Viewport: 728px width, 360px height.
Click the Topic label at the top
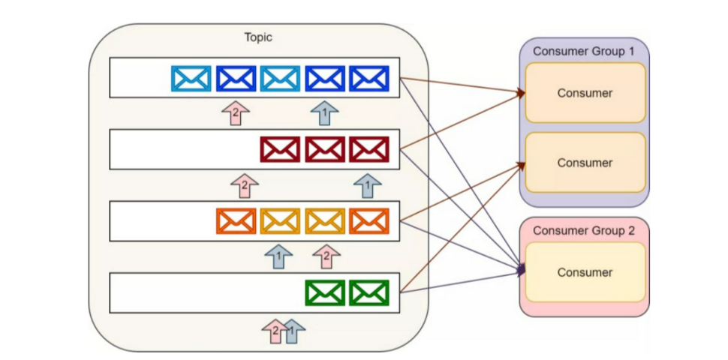258,37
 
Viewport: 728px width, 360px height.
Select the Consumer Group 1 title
584,51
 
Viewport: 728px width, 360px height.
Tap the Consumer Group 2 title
584,230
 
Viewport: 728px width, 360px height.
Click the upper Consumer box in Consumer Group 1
585,93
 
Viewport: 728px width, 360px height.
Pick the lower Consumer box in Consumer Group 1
585,163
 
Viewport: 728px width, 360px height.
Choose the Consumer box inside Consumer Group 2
585,272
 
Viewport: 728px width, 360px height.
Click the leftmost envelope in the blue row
191,79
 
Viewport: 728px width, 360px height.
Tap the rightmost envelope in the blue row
369,79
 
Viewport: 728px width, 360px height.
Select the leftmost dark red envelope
280,149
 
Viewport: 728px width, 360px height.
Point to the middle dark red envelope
325,149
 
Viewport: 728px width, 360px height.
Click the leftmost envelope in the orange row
236,220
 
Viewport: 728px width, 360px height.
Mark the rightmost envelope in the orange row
369,220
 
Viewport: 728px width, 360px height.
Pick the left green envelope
325,292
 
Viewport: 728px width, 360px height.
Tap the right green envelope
369,292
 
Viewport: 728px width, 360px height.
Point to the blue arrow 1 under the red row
368,184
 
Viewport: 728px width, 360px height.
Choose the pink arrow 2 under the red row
245,184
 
